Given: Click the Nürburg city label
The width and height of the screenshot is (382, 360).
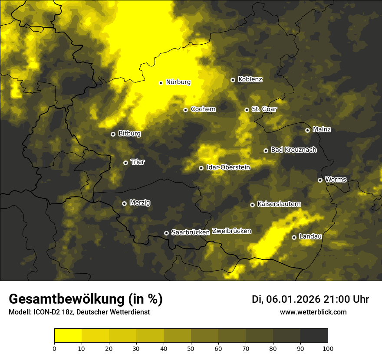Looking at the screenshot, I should pyautogui.click(x=178, y=82).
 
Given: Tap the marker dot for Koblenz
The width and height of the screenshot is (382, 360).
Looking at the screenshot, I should pyautogui.click(x=233, y=80).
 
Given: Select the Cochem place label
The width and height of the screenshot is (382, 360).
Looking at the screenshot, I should pyautogui.click(x=203, y=109).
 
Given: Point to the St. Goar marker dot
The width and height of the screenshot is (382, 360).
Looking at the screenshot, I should pyautogui.click(x=247, y=110).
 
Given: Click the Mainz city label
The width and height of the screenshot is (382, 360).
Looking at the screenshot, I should pyautogui.click(x=322, y=129).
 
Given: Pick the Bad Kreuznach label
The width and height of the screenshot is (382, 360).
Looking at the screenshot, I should pyautogui.click(x=293, y=150).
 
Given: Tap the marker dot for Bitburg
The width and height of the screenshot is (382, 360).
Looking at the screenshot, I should pyautogui.click(x=113, y=134).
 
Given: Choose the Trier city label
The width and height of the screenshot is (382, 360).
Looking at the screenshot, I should pyautogui.click(x=138, y=162).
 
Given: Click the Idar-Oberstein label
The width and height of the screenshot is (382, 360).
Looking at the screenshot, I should pyautogui.click(x=228, y=167).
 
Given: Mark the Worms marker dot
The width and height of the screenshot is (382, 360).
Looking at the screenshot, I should pyautogui.click(x=320, y=180).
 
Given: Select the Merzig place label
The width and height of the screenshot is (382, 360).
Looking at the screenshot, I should pyautogui.click(x=140, y=203).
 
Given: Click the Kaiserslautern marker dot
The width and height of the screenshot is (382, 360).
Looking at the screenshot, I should pyautogui.click(x=252, y=205).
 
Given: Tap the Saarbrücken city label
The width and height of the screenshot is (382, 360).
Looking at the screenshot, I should pyautogui.click(x=191, y=232).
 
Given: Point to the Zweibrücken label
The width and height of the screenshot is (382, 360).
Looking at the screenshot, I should pyautogui.click(x=232, y=231).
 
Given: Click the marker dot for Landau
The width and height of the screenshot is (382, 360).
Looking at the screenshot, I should pyautogui.click(x=294, y=237).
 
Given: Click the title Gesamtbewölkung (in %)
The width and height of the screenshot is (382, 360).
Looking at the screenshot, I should pyautogui.click(x=86, y=299).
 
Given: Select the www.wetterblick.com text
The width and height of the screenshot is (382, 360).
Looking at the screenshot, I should pyautogui.click(x=313, y=312).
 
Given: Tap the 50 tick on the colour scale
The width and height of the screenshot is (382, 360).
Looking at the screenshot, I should pyautogui.click(x=191, y=348).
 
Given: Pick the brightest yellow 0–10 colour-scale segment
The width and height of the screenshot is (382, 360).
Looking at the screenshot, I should pyautogui.click(x=68, y=336).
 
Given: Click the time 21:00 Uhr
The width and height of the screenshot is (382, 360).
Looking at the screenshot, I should pyautogui.click(x=347, y=299).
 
